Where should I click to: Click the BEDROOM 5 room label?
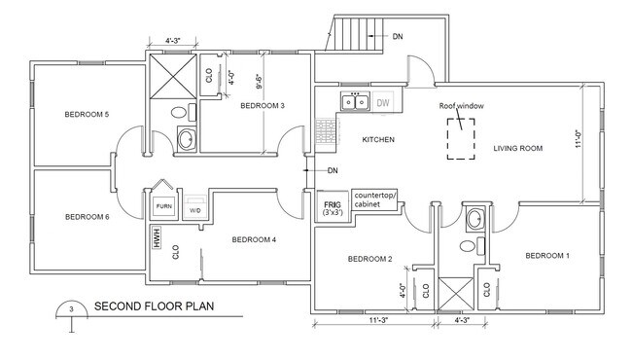87,115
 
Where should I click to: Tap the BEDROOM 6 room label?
87,216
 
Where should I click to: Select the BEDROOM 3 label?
263,105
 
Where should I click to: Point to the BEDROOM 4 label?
255,238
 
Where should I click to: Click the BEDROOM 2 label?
369,259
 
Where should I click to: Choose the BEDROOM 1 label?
547,256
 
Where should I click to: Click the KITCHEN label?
377,140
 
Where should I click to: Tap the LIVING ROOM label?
517,148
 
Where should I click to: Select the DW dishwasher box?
383,102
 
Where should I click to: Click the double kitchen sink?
353,102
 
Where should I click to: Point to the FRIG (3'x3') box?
333,206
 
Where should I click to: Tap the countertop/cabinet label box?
374,199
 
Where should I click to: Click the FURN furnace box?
162,208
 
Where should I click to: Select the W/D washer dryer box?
194,209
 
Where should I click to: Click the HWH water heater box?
155,237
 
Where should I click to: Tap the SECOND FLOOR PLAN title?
153,307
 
